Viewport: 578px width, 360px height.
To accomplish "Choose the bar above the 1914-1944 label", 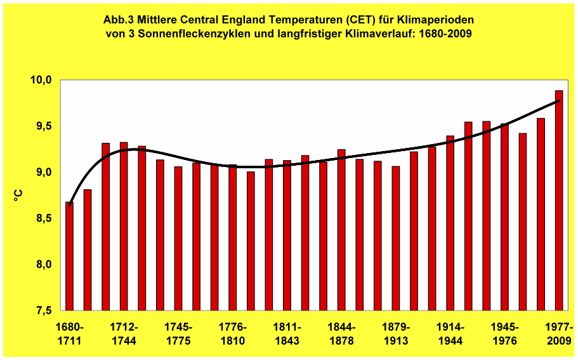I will [450, 223].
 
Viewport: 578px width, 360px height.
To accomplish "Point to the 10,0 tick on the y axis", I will [41, 80].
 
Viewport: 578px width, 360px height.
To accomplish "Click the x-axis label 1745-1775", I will [178, 334].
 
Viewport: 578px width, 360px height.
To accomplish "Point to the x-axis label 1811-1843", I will [287, 334].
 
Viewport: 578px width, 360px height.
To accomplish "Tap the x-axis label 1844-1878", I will [342, 334].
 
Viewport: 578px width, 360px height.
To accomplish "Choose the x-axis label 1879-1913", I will [396, 334].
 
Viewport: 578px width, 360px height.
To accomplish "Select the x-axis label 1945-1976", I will [505, 334].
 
